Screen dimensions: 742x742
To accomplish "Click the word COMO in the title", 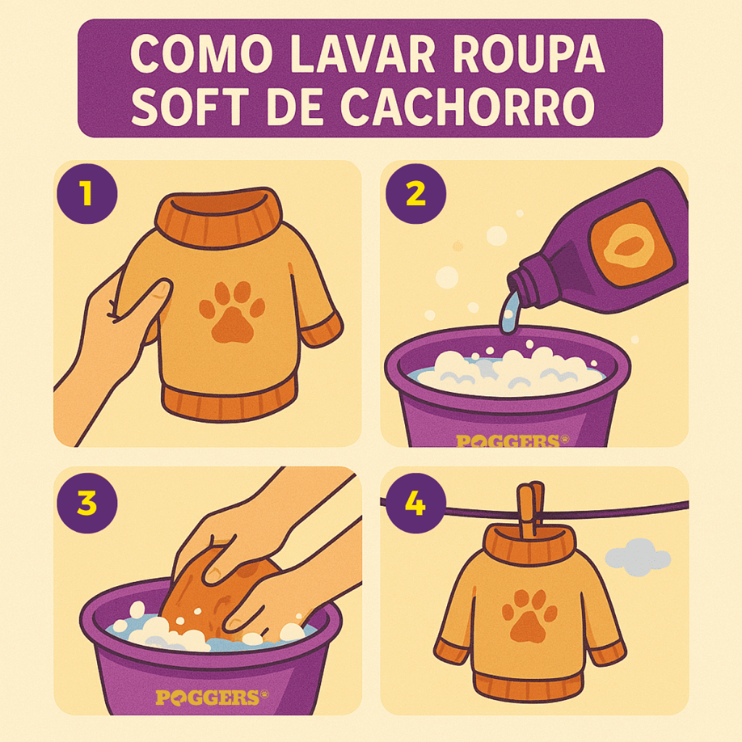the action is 201,54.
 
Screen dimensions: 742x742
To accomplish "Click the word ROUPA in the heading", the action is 528,54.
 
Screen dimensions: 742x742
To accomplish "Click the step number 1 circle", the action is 87,193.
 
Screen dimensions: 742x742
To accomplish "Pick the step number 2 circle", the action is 415,193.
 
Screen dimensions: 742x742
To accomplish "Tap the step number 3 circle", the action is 87,503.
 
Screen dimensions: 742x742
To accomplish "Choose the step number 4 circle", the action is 415,503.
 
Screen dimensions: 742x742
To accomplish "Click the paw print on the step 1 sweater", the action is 232,312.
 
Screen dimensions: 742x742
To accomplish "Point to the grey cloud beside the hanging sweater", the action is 638,557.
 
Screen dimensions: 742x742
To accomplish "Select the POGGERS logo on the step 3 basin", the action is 212,697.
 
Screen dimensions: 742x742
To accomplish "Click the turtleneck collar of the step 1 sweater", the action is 219,217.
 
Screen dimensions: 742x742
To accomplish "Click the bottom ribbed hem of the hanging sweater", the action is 528,685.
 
